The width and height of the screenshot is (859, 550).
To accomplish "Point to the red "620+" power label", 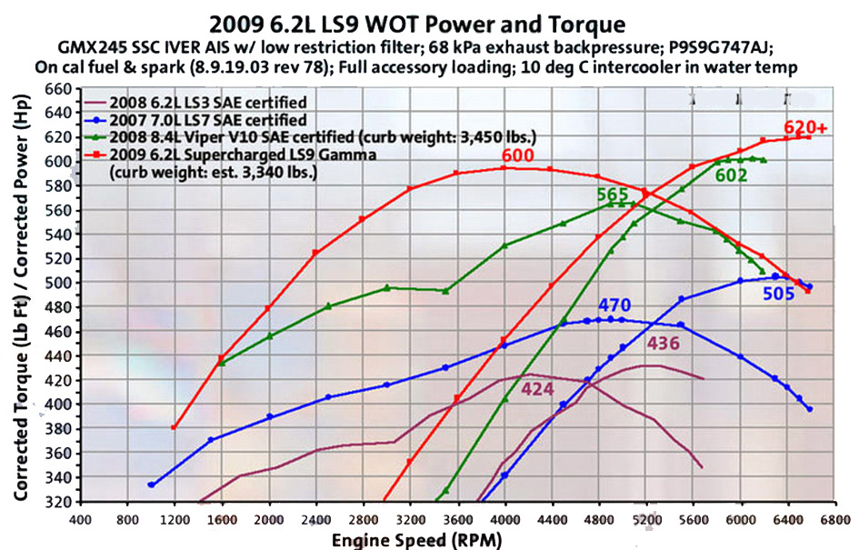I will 805,128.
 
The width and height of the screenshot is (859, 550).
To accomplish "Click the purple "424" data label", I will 538,391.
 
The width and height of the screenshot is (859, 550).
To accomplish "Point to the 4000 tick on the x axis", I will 504,519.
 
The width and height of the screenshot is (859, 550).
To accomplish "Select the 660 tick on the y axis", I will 57,89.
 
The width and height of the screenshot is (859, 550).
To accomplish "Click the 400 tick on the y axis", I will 57,405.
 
